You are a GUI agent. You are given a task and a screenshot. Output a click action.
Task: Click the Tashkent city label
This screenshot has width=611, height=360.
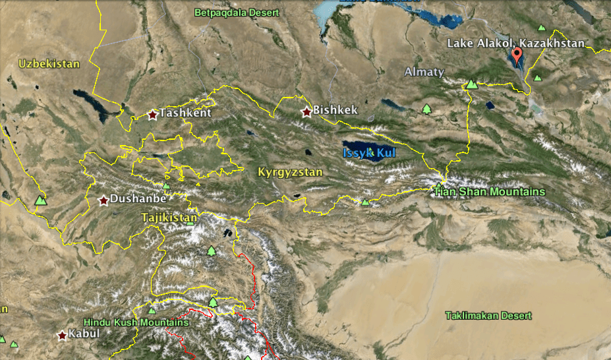click(x=185, y=113)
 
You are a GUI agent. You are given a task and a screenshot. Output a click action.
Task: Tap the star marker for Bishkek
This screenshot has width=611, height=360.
click(x=306, y=112)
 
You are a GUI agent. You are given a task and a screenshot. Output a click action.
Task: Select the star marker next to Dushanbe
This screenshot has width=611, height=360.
click(x=103, y=200)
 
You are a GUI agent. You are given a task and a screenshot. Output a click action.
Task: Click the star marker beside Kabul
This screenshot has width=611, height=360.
click(x=63, y=336)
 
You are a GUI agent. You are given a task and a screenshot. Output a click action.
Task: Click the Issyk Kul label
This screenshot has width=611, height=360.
click(x=368, y=153)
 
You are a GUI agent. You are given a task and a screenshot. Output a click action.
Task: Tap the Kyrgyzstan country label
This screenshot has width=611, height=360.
click(x=290, y=173)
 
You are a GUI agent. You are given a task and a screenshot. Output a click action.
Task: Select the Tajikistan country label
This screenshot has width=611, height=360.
click(x=169, y=218)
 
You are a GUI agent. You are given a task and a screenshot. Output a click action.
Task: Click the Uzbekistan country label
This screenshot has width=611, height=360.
click(x=49, y=64)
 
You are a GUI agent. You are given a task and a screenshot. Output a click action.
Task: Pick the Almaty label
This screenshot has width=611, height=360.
click(x=424, y=72)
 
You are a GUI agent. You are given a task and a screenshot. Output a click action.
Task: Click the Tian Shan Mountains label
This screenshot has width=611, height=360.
click(x=490, y=192)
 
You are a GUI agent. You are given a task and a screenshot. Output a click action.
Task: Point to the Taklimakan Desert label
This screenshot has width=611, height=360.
click(x=488, y=316)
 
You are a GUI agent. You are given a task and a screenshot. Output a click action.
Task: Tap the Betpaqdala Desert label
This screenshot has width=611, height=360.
click(x=237, y=13)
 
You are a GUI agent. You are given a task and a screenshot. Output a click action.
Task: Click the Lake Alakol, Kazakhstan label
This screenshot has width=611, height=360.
click(x=516, y=44)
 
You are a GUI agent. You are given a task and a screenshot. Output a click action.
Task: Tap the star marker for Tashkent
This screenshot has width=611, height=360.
click(x=153, y=115)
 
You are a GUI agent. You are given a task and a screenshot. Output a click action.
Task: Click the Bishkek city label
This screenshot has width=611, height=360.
click(x=335, y=109)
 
